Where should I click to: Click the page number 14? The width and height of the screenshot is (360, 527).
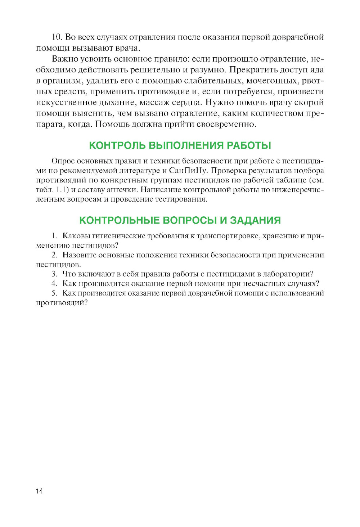pos(39,491)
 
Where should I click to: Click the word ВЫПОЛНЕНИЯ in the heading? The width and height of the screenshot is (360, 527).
pos(186,145)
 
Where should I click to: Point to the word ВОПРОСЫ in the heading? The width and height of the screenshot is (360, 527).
pos(190,220)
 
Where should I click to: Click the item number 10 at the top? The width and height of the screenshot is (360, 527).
pos(57,37)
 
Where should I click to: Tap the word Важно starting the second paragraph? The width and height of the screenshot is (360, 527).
pos(63,59)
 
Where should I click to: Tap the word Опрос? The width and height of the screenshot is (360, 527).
pos(63,161)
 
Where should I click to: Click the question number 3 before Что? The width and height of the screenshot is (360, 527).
pos(54,274)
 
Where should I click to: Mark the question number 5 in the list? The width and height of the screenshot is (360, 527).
pos(54,293)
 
